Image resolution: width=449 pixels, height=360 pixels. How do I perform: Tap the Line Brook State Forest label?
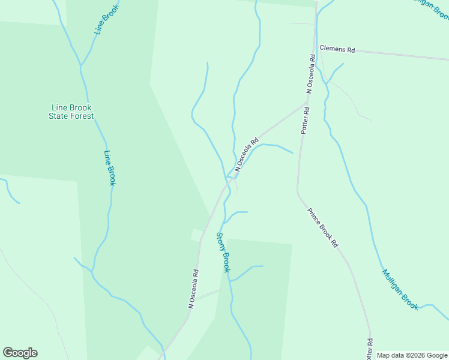pos(71,112)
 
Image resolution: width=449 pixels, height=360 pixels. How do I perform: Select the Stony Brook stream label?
pos(223,253)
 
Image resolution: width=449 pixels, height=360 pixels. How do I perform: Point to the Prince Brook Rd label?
pos(323,229)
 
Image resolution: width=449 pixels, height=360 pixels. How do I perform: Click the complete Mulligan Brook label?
pos(400,289)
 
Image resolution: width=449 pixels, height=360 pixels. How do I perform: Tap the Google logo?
pos(20,353)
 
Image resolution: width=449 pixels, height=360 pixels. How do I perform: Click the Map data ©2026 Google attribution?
pos(412,355)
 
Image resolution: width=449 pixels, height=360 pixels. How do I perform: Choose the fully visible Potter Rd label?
pos(305,120)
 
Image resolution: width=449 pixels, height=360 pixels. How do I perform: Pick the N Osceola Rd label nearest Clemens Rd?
pos(310,74)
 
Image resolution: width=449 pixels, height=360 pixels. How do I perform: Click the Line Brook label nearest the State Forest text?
pos(109,167)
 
